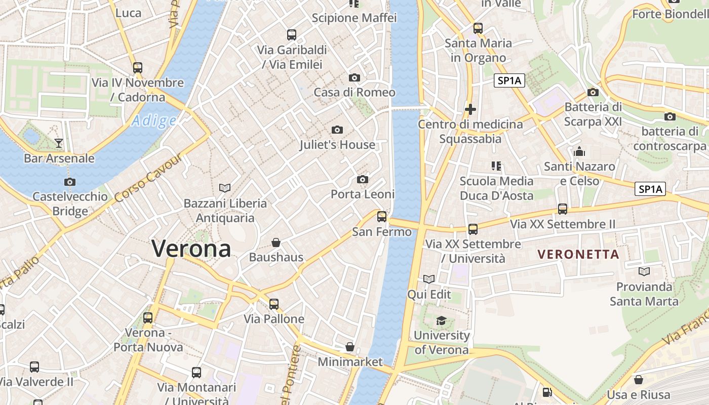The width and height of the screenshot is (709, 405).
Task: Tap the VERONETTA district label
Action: pyautogui.click(x=578, y=254)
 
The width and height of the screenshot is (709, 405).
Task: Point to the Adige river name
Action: pyautogui.click(x=154, y=120)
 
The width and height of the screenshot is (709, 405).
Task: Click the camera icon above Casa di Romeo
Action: pyautogui.click(x=354, y=77)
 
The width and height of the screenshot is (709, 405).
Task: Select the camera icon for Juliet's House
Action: pyautogui.click(x=337, y=130)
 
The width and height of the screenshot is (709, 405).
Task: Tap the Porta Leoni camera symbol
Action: pyautogui.click(x=363, y=179)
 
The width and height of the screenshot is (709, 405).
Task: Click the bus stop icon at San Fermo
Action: pyautogui.click(x=382, y=217)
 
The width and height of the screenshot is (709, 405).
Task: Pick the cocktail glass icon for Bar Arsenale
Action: pyautogui.click(x=59, y=143)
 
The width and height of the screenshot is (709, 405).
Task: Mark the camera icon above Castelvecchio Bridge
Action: pyautogui.click(x=70, y=182)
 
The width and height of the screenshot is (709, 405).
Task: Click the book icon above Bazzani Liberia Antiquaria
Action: pyautogui.click(x=225, y=188)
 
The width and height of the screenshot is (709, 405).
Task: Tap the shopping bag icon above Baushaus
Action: pyautogui.click(x=276, y=242)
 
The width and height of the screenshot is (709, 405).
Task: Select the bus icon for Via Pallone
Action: pyautogui.click(x=274, y=304)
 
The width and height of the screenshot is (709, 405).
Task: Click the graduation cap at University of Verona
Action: pyautogui.click(x=442, y=320)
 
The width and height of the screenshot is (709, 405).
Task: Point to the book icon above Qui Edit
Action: pyautogui.click(x=429, y=279)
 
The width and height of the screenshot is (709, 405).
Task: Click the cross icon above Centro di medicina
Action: pyautogui.click(x=470, y=109)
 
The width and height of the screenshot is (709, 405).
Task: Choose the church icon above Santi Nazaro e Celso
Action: pyautogui.click(x=579, y=151)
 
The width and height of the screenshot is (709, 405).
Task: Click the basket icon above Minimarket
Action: pyautogui.click(x=350, y=347)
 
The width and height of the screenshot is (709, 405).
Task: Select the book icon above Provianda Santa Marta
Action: pyautogui.click(x=644, y=272)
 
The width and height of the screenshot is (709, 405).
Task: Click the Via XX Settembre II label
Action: pyautogui.click(x=563, y=224)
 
